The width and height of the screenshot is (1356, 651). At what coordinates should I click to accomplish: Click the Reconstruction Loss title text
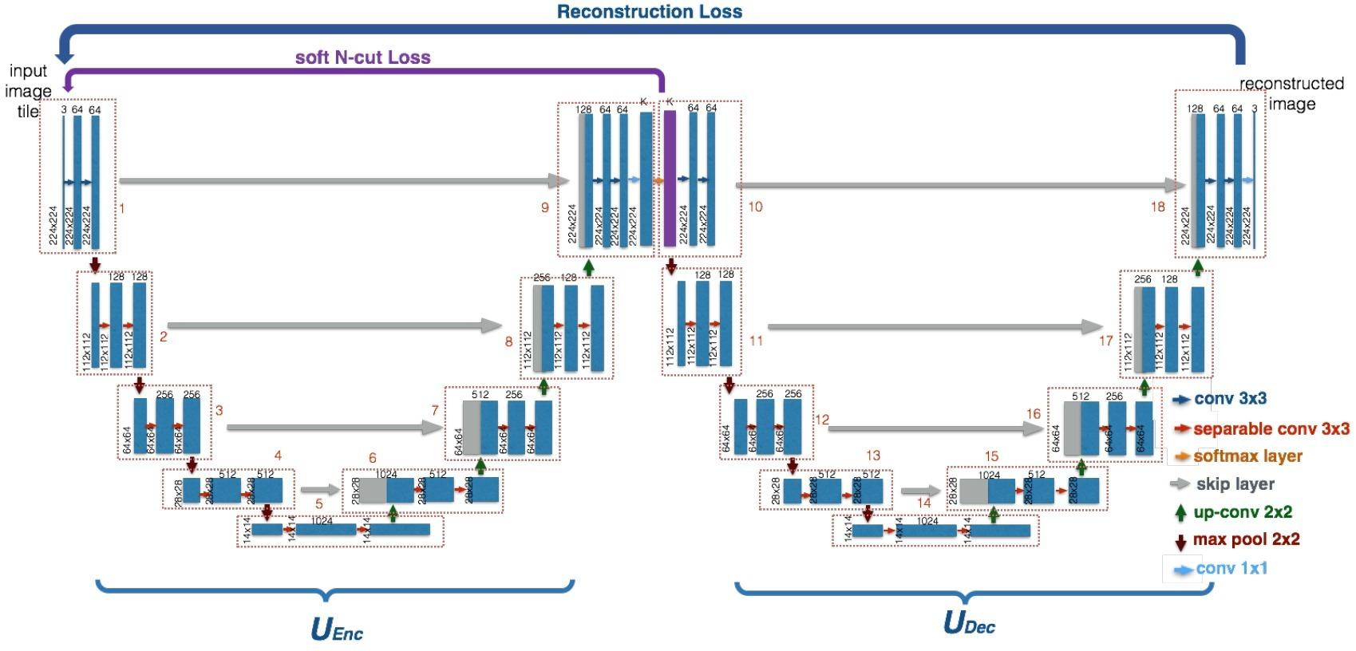(x=649, y=12)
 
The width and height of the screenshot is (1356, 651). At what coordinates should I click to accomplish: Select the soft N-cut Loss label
(x=362, y=57)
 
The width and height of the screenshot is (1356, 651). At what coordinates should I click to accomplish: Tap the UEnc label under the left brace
(x=336, y=629)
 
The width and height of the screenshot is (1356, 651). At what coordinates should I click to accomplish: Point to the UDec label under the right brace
(x=969, y=622)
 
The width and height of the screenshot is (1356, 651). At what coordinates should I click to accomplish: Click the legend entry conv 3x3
(x=1230, y=399)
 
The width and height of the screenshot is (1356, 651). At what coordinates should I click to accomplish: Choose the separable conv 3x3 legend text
(x=1271, y=429)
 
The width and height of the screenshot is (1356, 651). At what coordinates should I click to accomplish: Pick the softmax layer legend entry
(x=1247, y=456)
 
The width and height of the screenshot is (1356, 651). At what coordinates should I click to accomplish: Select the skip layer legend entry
(x=1235, y=483)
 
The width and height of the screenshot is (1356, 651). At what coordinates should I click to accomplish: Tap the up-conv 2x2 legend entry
(x=1243, y=512)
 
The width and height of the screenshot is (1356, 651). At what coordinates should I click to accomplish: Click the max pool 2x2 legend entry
(x=1246, y=539)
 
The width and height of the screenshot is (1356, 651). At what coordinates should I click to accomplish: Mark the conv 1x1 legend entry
(x=1231, y=569)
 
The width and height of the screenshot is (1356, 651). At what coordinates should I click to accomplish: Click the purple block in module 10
(x=670, y=179)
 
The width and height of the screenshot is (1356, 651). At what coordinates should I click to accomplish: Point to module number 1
(x=122, y=208)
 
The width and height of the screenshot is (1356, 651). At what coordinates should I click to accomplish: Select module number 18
(x=1157, y=207)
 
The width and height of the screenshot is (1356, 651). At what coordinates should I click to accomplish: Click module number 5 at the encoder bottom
(x=319, y=504)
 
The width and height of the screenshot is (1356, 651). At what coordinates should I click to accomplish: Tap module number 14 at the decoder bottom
(x=923, y=503)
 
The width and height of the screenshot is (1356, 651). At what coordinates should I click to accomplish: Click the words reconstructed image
(x=1291, y=93)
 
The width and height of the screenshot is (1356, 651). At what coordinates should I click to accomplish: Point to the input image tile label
(x=29, y=91)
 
